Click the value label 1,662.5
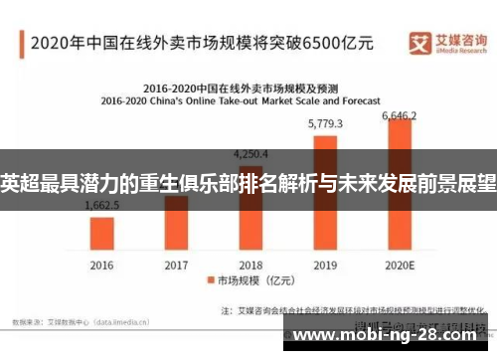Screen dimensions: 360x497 coord(101,206)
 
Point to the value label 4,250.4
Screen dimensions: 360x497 coord(249,154)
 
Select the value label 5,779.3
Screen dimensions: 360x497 coord(325,124)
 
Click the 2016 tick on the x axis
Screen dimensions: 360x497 coord(101,265)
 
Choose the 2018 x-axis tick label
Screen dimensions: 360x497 coord(250,265)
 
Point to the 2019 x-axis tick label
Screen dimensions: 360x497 coord(325,265)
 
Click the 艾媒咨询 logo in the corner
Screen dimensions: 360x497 coord(444,42)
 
